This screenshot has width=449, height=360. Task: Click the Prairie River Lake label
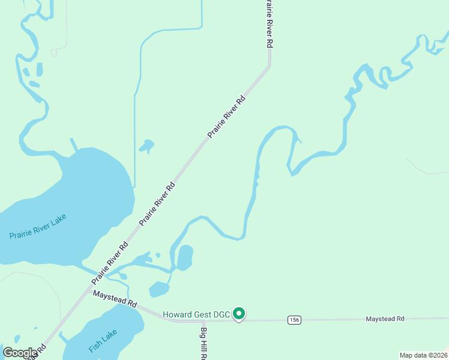pos(37,227)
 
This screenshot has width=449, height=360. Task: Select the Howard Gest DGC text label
pos(197,314)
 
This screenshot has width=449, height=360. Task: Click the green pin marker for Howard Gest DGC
pos(239,314)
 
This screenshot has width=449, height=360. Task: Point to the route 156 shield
pos(294,320)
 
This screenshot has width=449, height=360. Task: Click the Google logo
pos(20,353)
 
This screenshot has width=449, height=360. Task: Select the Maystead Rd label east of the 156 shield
pos(385,319)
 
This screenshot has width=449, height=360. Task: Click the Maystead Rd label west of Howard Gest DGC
pos(114,298)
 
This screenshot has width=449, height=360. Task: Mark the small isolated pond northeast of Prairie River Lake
pos(146,146)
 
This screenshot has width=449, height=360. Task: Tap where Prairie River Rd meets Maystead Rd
pos(86,292)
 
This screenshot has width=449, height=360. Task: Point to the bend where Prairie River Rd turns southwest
pos(270,65)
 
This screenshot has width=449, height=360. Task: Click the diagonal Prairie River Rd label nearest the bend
pos(227,116)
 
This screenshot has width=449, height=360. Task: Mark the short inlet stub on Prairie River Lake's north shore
pos(74,145)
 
